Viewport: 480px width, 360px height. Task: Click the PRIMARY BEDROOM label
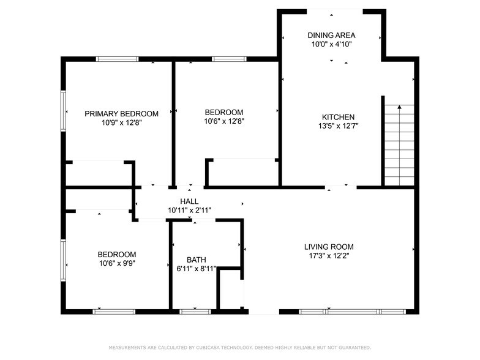click(121, 113)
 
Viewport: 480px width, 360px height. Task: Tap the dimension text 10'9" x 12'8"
click(121, 122)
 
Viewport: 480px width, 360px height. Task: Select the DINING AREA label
click(331, 36)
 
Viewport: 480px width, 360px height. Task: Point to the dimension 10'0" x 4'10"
click(331, 44)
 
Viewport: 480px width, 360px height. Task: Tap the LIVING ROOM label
click(329, 247)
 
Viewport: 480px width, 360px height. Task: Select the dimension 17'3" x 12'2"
click(329, 256)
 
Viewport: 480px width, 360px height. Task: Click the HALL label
click(189, 201)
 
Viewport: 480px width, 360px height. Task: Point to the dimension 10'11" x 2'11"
click(189, 210)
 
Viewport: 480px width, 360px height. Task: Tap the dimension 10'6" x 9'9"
click(116, 263)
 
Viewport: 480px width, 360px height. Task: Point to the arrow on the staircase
click(399, 108)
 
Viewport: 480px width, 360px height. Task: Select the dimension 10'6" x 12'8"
click(223, 121)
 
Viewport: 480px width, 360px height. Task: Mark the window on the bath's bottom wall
click(195, 312)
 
